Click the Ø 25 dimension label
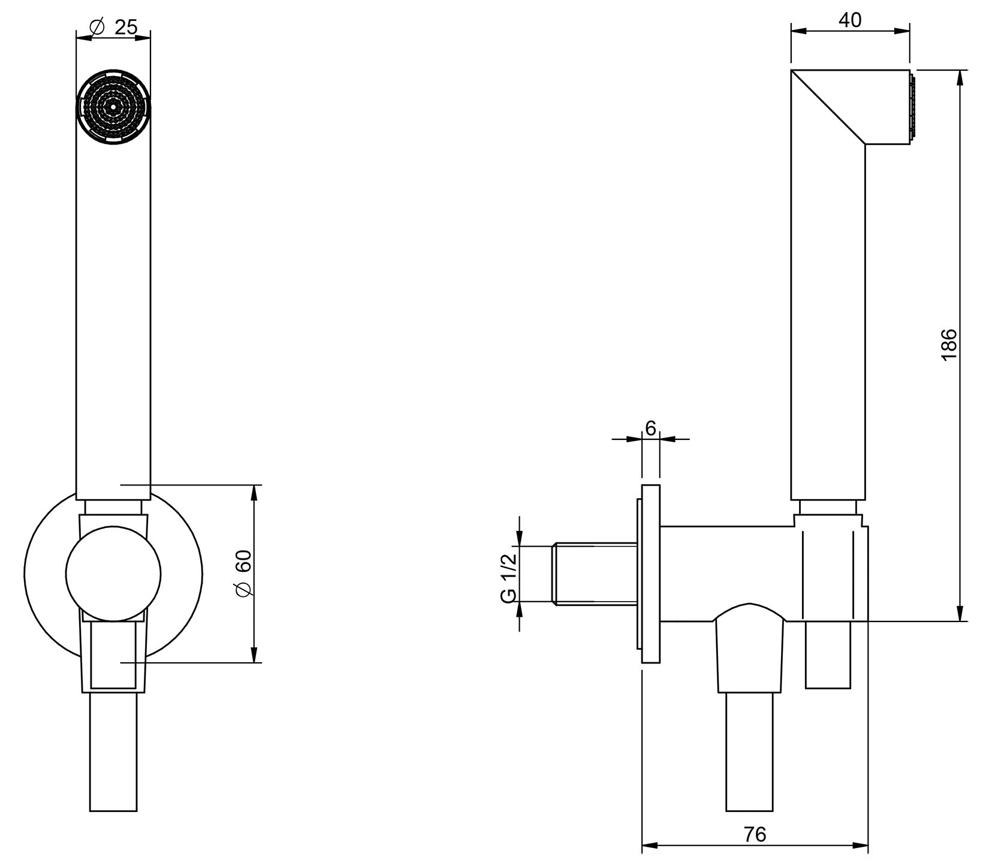point(113,27)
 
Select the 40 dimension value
point(849,20)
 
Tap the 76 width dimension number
point(755,834)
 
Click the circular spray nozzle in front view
point(113,107)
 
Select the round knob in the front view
point(113,574)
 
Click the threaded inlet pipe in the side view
point(593,574)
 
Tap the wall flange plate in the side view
point(650,574)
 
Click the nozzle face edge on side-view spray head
point(912,107)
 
